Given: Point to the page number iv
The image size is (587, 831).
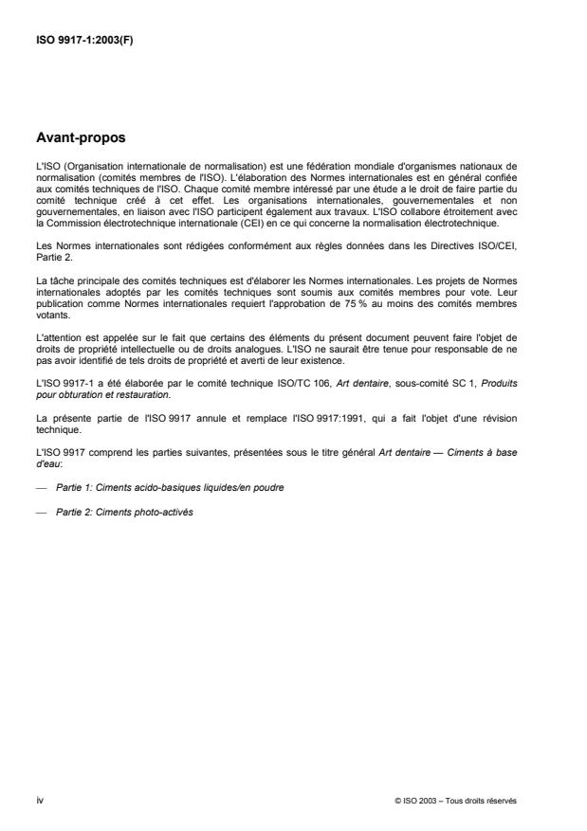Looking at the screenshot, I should (39, 799).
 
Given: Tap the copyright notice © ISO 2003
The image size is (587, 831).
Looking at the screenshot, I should (455, 800).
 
